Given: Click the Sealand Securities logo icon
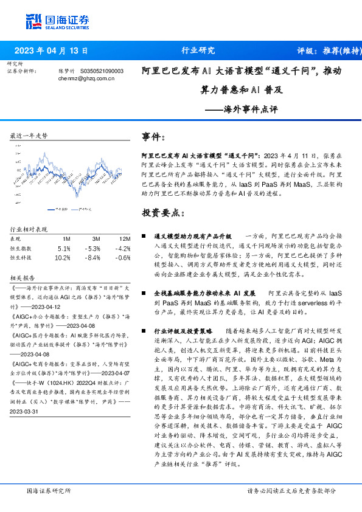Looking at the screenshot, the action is click(34, 22).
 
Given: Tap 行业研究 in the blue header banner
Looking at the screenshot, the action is click(198, 50).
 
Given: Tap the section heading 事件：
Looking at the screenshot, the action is click(153, 137).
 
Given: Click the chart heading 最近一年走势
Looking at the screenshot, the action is click(29, 136).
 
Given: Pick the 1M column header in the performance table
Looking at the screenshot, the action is click(66, 239).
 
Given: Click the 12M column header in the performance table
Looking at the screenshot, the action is click(125, 239).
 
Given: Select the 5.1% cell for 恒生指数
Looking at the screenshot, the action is click(64, 248).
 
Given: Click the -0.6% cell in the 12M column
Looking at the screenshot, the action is click(124, 257).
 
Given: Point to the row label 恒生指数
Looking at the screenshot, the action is click(21, 248).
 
